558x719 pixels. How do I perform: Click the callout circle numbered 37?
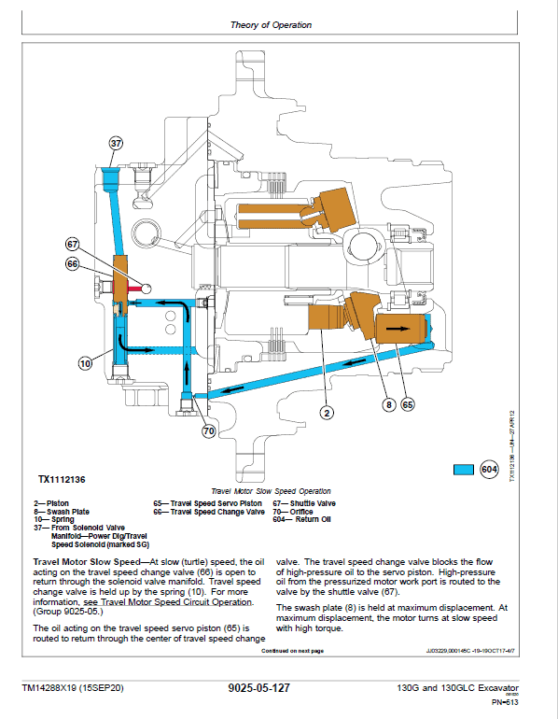pos(116,144)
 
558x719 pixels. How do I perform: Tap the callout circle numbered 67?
pos(74,245)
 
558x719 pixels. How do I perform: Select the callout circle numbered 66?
pos(74,264)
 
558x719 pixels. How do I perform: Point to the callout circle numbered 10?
pos(85,364)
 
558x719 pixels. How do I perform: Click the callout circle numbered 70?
pos(207,430)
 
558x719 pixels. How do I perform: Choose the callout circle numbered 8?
pos(386,405)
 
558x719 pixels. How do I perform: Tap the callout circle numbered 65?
pos(407,405)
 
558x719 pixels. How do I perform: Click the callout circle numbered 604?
pos(489,469)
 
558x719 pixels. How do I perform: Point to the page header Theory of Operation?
pos(271,25)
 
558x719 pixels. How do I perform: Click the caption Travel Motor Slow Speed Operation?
pos(271,491)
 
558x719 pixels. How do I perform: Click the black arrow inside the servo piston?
pos(400,330)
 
